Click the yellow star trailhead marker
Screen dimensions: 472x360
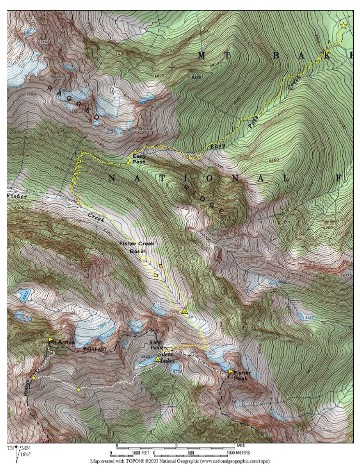(343, 26)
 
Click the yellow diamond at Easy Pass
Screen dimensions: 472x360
(128, 162)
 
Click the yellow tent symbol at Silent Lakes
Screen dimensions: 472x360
(158, 359)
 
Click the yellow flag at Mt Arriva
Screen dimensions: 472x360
(50, 340)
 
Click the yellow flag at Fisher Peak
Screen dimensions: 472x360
(231, 371)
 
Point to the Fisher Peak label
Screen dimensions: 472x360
(243, 375)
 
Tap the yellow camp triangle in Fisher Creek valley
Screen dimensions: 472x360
(185, 311)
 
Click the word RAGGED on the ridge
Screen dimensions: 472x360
(73, 103)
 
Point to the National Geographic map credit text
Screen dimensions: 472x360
(180, 461)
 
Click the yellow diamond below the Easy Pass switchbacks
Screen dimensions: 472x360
(78, 203)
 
